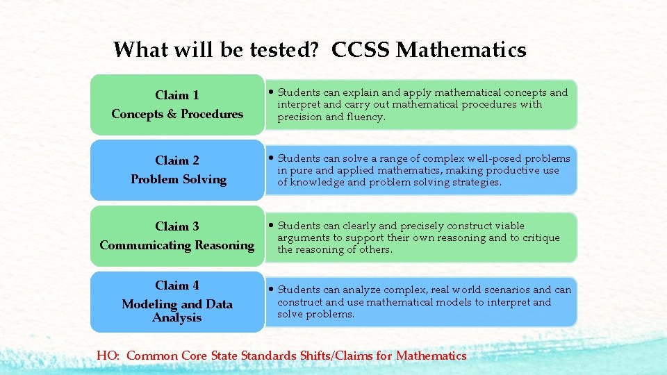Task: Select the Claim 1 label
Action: (x=177, y=95)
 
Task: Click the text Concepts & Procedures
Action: (x=177, y=114)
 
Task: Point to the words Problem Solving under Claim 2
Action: (x=179, y=179)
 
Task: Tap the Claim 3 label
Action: (x=177, y=226)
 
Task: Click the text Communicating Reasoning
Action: (x=177, y=245)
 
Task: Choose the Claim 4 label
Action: (x=177, y=285)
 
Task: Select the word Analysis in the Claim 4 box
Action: (x=177, y=317)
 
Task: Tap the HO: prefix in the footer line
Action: (x=108, y=356)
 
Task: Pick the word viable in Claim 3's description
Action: (x=509, y=226)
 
